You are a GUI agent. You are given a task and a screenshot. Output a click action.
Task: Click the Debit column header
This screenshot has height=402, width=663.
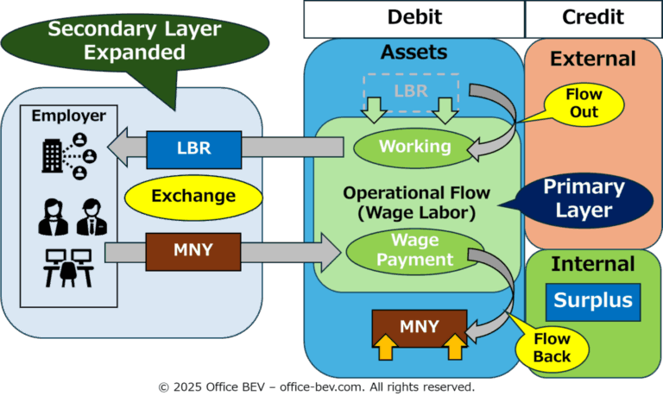coord(414,19)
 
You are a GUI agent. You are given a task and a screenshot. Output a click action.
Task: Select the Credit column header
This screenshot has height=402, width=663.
coord(593,19)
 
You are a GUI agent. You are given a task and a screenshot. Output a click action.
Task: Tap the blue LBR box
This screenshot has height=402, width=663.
coord(194,149)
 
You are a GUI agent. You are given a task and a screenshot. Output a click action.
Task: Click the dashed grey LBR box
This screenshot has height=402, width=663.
coord(411,92)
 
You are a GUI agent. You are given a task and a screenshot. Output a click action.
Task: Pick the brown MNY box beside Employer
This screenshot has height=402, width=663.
coord(193,252)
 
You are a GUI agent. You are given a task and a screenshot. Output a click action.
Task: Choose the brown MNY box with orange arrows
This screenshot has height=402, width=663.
coord(420,329)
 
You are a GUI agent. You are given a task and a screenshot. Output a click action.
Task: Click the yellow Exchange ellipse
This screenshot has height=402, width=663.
coord(193,198)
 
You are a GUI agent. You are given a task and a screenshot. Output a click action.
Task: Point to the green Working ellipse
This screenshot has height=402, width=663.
coord(414,148)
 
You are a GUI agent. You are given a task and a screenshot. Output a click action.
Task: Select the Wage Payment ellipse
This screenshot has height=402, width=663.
coord(414,251)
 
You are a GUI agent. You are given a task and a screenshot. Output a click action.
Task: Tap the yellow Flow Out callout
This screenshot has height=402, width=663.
coord(584,104)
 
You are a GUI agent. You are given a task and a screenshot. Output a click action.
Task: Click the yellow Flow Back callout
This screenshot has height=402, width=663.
coord(552,349)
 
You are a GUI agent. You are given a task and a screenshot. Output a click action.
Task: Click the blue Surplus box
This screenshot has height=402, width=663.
coord(593,302)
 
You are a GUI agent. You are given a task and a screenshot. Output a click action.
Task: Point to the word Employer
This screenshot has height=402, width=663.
coord(69,116)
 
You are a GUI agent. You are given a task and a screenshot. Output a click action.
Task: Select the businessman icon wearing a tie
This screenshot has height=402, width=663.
coord(92,217)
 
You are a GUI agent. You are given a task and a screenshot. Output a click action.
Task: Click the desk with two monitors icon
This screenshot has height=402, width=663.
coord(68,268)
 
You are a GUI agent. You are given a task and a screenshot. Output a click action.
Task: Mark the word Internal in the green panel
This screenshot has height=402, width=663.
coord(593,264)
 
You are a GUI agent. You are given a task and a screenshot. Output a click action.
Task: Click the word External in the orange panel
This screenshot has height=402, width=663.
coord(593,59)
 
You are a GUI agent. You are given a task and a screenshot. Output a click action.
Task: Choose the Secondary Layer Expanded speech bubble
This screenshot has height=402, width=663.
coord(136,47)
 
